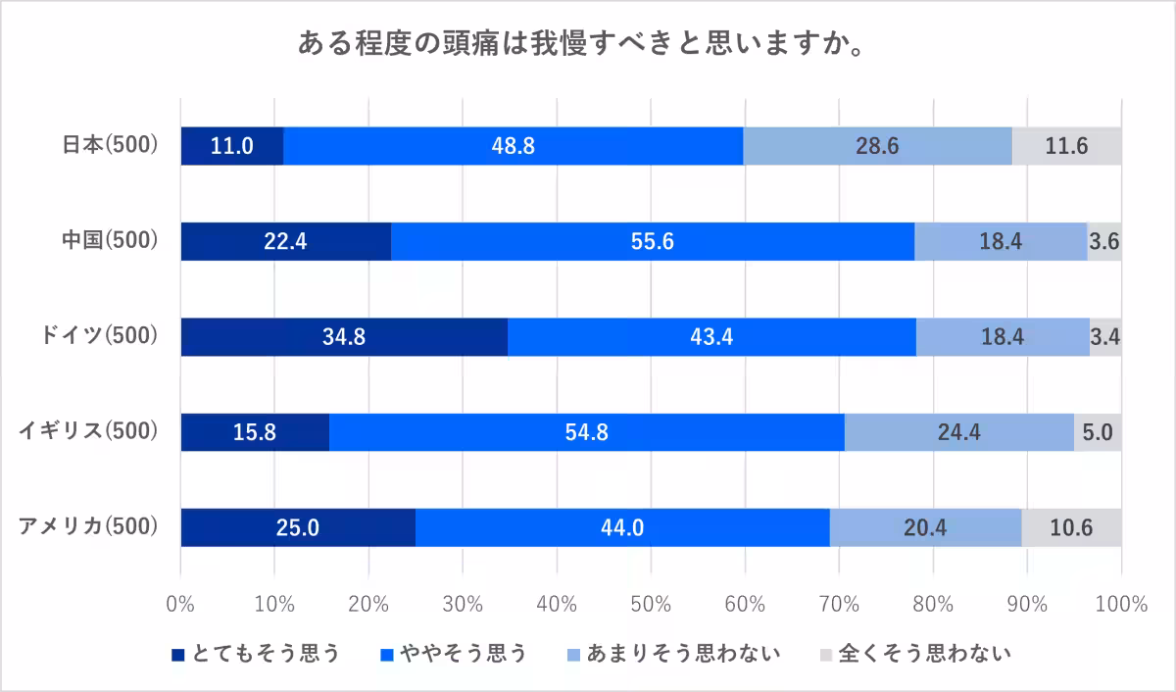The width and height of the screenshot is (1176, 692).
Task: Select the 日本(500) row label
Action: [110, 146]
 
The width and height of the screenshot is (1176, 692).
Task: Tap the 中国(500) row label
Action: [110, 241]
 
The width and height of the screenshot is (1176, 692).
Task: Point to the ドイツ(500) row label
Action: [97, 336]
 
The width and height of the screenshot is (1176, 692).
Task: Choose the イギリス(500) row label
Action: [89, 431]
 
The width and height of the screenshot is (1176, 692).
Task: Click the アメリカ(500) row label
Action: [89, 526]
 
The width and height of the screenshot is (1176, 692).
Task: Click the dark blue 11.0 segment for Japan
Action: [232, 146]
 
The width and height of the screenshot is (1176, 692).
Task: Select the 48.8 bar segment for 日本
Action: [513, 146]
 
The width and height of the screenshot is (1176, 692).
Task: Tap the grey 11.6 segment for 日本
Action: [1067, 146]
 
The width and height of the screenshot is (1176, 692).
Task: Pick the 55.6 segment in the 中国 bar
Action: [653, 241]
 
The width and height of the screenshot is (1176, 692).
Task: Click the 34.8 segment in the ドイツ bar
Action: [344, 336]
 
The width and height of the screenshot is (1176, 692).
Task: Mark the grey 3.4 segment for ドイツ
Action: [1105, 336]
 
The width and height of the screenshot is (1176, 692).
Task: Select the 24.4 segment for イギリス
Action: [959, 431]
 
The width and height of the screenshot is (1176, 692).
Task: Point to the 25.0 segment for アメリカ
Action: [298, 526]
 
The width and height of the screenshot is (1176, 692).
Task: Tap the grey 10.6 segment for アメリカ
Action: [1072, 526]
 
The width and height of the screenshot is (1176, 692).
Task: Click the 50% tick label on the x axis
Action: [651, 604]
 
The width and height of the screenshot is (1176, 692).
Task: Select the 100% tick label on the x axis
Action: [1121, 604]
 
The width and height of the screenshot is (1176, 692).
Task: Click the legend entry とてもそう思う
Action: [256, 654]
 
